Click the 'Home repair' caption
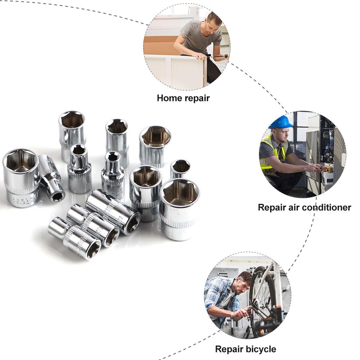(x=183, y=98)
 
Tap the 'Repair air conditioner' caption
(x=304, y=208)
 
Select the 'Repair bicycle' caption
(x=246, y=349)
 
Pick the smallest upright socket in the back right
(x=180, y=169)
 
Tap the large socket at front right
(x=179, y=209)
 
